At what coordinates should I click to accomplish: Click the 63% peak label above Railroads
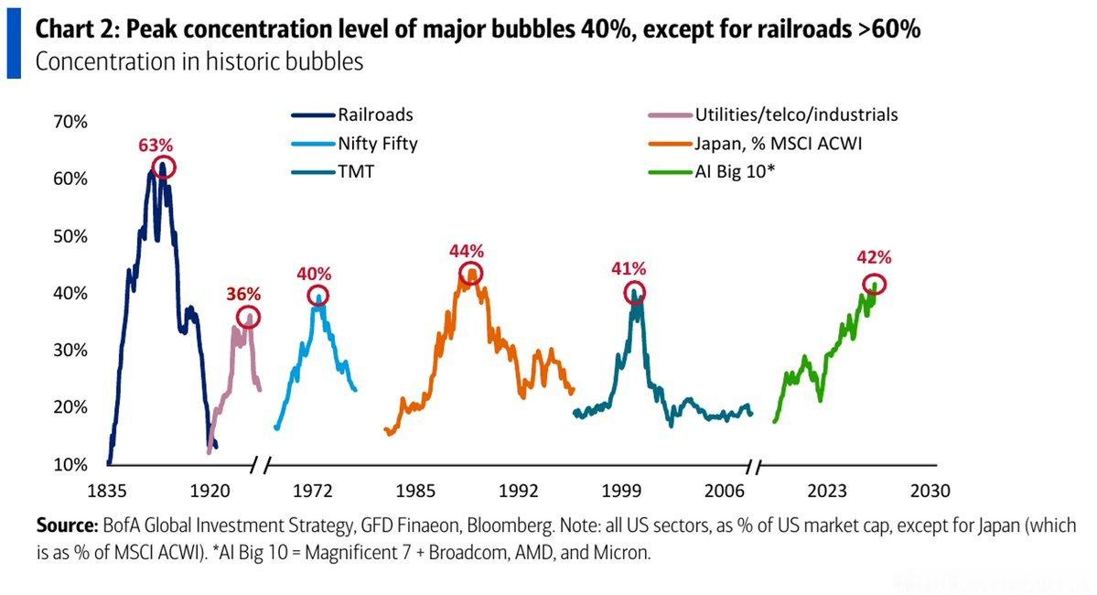point(156,145)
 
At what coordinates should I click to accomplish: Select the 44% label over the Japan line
point(467,251)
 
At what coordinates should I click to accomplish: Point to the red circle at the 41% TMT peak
point(634,282)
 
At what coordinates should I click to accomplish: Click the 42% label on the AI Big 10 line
point(874,257)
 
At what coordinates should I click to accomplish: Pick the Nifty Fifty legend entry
point(355,144)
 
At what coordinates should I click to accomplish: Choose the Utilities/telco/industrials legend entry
point(773,114)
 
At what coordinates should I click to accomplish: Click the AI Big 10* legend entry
point(712,171)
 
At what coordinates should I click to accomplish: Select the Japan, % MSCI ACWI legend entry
point(755,144)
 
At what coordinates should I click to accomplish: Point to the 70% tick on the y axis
point(70,122)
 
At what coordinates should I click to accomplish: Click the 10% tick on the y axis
point(70,464)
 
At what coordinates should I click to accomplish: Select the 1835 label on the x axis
point(107,491)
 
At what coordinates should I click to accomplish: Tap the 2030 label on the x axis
point(930,491)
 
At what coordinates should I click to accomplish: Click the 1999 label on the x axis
point(621,491)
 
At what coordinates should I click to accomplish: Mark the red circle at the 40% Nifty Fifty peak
point(318,286)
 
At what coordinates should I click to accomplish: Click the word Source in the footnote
point(67,525)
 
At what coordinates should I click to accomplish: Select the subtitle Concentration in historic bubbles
point(199,61)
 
